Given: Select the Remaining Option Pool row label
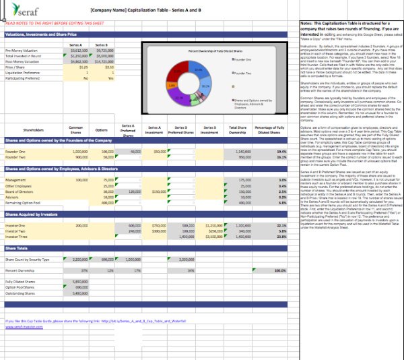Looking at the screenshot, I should coord(23,202).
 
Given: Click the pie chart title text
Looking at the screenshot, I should coord(209,50).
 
